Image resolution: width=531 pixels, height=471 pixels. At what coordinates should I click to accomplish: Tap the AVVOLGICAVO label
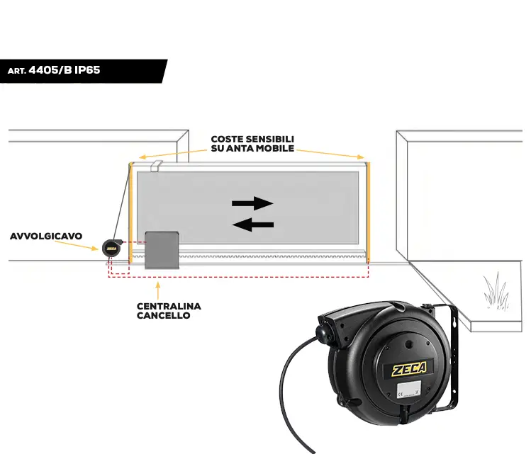click(46, 236)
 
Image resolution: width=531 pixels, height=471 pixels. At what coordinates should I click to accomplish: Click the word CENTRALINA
click(169, 306)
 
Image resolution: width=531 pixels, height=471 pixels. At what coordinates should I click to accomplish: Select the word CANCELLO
click(164, 315)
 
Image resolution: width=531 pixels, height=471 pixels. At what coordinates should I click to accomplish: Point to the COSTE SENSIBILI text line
click(252, 139)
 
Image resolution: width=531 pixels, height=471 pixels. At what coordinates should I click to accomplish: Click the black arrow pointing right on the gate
click(252, 203)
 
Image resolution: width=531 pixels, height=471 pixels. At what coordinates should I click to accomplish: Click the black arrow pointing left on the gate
click(253, 225)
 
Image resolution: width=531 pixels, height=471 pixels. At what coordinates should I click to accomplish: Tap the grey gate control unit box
click(162, 250)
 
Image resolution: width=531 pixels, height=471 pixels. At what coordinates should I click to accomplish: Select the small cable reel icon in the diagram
click(112, 248)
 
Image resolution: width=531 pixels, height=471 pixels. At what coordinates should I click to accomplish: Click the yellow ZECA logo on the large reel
click(409, 368)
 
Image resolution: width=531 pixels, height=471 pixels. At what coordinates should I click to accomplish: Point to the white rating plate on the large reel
click(409, 389)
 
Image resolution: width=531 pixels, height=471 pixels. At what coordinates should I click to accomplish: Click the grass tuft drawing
click(496, 291)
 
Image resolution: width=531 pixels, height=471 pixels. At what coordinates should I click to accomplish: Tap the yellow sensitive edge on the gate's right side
click(369, 212)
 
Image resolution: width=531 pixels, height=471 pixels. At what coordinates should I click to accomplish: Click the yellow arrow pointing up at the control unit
click(158, 290)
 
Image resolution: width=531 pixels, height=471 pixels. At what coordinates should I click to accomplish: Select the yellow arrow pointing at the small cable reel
click(77, 245)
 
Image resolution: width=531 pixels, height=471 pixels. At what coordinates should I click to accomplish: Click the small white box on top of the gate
click(156, 166)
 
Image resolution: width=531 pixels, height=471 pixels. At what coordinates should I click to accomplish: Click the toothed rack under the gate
click(249, 256)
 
